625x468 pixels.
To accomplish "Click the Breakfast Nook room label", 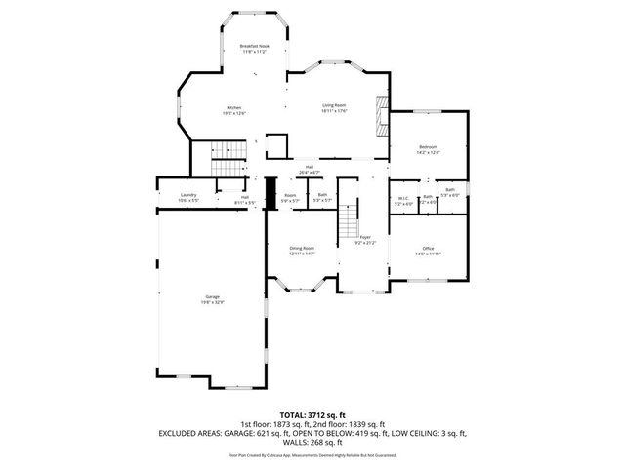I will (x=254, y=47).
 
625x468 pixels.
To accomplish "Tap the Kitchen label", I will (x=234, y=107).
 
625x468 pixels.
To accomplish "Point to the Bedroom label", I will (x=429, y=146).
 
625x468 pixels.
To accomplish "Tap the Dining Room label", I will (x=302, y=249).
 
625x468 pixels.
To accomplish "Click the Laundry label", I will (x=188, y=195).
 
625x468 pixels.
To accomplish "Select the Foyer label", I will (x=364, y=237).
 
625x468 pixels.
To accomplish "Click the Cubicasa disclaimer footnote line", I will (x=312, y=454).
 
